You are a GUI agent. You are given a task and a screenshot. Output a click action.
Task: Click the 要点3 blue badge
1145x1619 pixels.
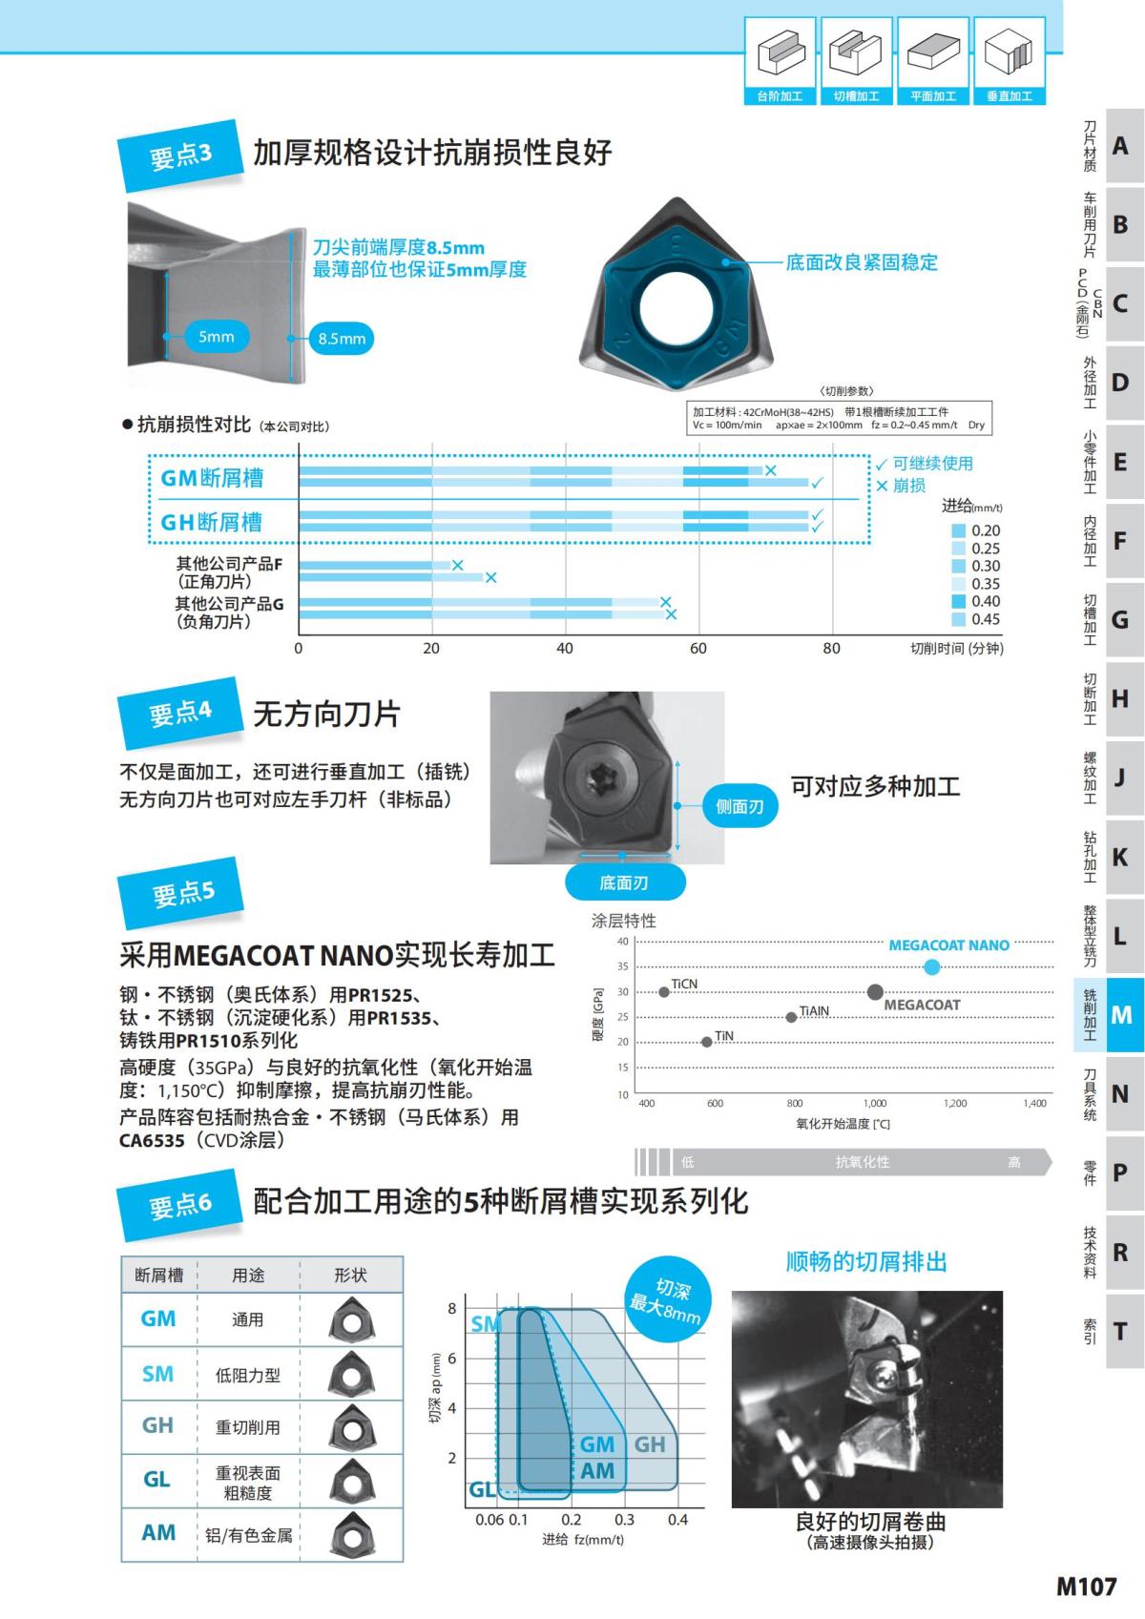[179, 156]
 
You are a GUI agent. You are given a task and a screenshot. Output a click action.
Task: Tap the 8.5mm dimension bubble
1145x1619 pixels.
[342, 339]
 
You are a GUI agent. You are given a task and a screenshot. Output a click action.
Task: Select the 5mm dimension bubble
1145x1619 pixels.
[217, 336]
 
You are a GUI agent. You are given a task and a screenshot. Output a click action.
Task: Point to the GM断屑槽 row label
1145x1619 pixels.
[212, 478]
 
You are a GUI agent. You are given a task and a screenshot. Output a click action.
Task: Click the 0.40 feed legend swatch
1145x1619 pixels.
[959, 601]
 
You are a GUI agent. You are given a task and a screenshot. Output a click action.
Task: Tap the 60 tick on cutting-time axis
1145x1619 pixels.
[698, 649]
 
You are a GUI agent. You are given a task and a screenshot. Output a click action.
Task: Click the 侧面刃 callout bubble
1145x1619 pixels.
[739, 806]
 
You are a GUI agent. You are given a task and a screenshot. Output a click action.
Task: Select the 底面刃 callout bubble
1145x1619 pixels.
[624, 882]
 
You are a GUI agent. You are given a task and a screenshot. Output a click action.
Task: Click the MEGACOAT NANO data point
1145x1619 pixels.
[932, 967]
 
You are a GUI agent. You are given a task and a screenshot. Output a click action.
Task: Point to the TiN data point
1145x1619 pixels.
[706, 1042]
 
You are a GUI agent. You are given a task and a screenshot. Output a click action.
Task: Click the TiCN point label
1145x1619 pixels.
[684, 984]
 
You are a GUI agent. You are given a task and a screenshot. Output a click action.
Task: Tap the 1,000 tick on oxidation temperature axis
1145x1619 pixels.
[875, 1103]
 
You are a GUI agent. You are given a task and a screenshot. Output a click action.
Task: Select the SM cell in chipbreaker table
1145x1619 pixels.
[158, 1374]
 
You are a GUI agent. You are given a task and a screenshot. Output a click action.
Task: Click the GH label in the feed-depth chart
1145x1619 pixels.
[650, 1444]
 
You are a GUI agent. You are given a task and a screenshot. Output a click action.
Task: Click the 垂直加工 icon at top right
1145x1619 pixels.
[1010, 61]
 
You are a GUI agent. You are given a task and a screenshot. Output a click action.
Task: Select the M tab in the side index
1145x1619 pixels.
[1121, 1014]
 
